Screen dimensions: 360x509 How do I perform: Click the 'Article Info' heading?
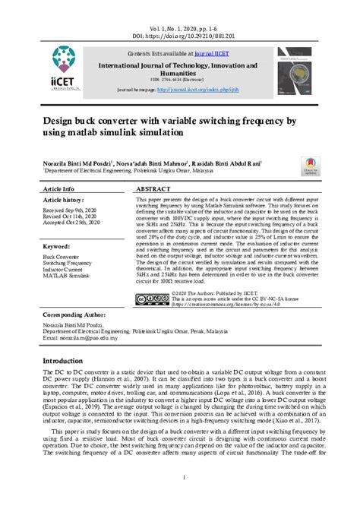click(x=59, y=188)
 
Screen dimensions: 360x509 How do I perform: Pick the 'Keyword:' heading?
click(x=57, y=247)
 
